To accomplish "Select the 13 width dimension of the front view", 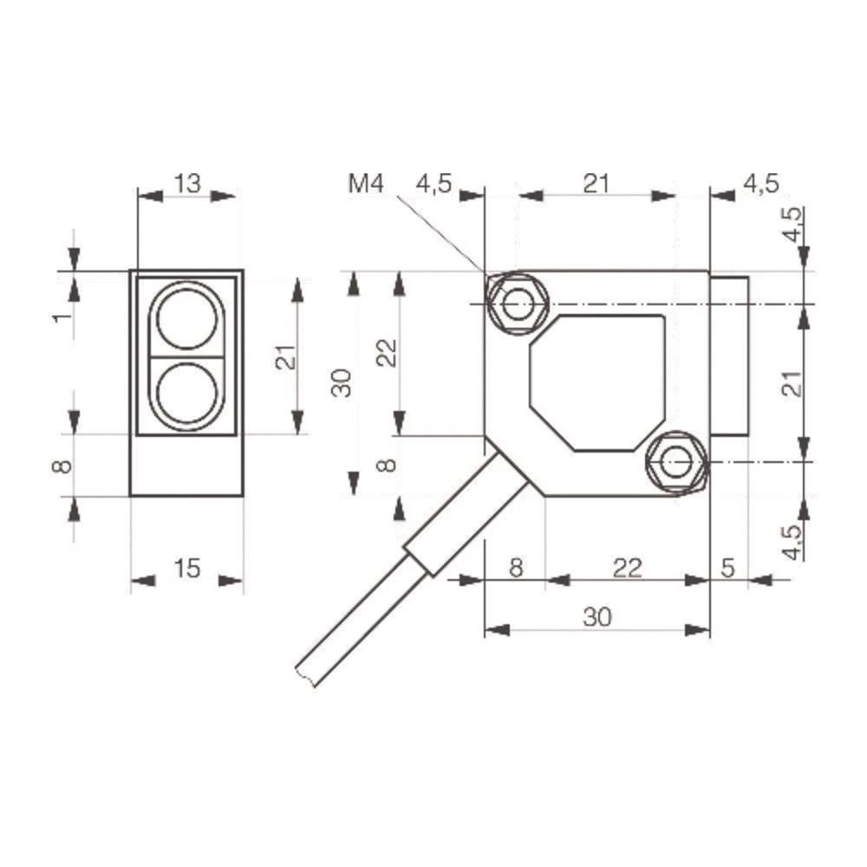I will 187,183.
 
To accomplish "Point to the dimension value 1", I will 62,316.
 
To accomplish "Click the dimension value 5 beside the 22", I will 727,568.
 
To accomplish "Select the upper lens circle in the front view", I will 186,317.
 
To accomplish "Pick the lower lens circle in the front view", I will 186,393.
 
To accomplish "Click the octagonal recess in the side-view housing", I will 598,382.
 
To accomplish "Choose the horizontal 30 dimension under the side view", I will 597,616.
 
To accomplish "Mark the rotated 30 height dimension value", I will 345,382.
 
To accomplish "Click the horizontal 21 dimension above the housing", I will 596,183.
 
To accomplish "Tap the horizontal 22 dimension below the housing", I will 627,568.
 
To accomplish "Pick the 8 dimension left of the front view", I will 62,466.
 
